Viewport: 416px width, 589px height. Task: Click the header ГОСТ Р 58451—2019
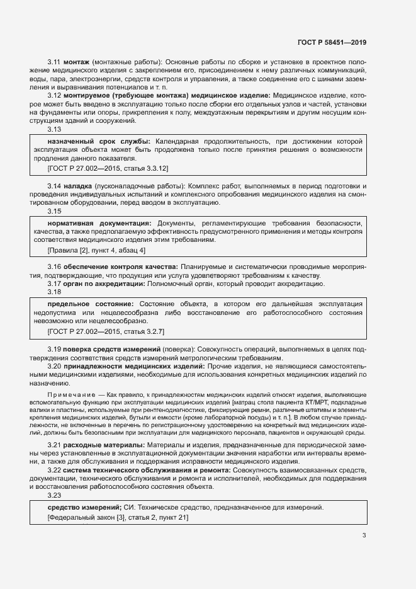(x=332, y=43)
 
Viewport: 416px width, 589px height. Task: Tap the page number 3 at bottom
(x=364, y=535)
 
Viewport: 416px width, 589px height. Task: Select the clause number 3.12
(x=54, y=95)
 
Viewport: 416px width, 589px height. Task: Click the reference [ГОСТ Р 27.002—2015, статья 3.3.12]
(x=108, y=169)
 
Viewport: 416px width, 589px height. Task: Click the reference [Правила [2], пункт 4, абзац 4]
(x=96, y=251)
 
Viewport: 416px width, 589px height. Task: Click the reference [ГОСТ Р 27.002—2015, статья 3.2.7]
(x=106, y=331)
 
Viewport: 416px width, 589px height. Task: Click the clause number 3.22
(x=54, y=471)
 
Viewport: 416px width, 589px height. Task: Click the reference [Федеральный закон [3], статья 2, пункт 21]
(x=118, y=517)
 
